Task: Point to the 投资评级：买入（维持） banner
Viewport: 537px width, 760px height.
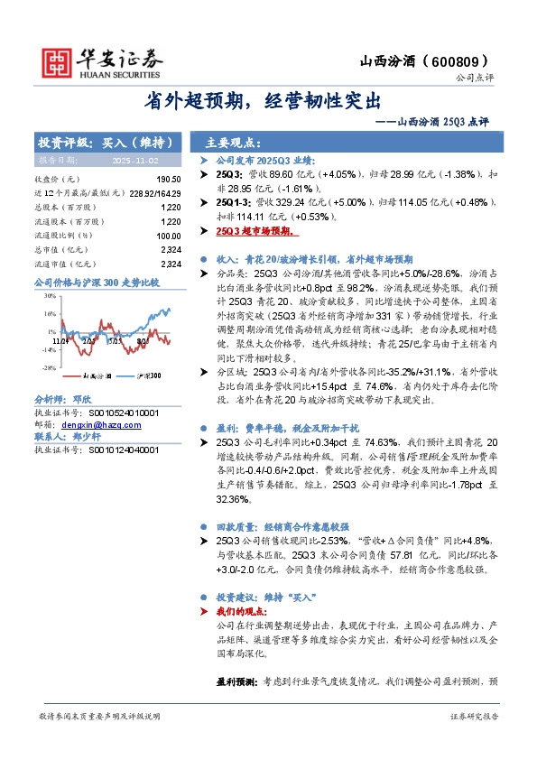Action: point(106,143)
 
